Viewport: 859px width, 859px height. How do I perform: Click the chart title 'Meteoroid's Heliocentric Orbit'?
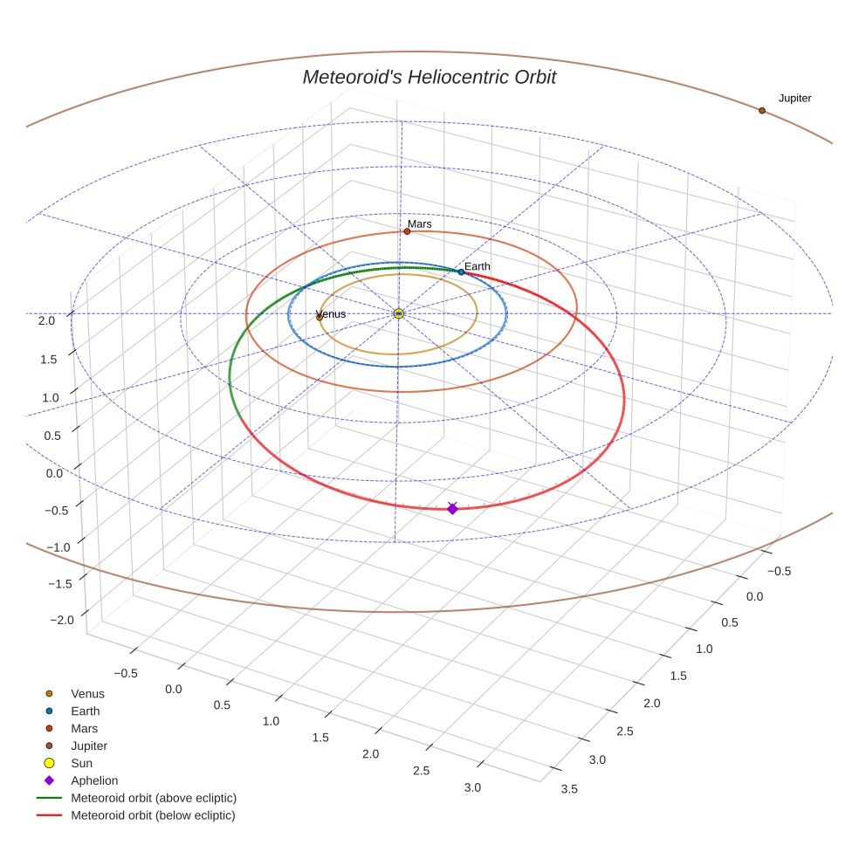point(429,77)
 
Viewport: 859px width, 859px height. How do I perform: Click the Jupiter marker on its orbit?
point(761,111)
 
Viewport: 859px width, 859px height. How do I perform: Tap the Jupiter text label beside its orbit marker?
point(794,99)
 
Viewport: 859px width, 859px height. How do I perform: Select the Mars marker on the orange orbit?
point(407,231)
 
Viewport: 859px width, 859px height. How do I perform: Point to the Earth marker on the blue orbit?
point(461,271)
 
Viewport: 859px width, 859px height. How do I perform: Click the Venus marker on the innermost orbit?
point(320,317)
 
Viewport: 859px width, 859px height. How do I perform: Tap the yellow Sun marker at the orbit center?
point(399,313)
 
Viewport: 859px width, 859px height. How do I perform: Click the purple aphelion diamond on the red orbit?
point(452,508)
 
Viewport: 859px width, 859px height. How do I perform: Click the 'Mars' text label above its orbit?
point(419,224)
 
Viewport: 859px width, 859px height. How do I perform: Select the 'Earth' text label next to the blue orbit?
point(477,266)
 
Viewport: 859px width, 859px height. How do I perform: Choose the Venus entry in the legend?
point(87,694)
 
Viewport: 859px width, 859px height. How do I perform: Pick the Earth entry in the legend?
point(85,711)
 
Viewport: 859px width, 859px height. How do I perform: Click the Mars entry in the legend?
point(84,728)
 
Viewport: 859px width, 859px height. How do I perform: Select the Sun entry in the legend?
point(81,763)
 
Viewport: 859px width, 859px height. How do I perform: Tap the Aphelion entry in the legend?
point(93,780)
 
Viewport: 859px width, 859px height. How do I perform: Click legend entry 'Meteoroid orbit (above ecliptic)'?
point(154,798)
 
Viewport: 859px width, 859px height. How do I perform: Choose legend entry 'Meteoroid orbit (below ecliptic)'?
point(153,815)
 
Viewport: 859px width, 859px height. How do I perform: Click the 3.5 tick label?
point(569,789)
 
